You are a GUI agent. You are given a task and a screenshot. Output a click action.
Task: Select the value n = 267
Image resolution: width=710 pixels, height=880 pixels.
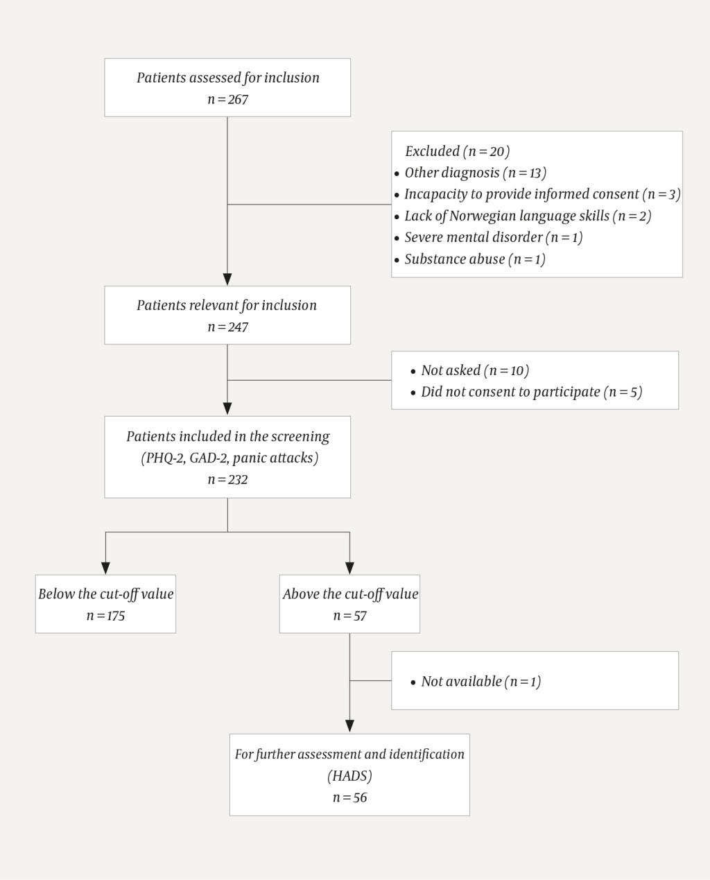pos(227,99)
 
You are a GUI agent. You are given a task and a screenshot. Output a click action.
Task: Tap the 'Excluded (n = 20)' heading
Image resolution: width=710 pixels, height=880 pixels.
pos(457,151)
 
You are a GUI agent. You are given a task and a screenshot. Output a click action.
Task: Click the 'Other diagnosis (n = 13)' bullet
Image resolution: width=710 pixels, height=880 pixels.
pos(475,173)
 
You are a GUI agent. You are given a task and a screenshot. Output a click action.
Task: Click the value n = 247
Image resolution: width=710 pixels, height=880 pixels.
pos(227,327)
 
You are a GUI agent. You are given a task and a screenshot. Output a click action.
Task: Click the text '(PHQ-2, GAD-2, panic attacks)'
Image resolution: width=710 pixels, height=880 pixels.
pos(229,458)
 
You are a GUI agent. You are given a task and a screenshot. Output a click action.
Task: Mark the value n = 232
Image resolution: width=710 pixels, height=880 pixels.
pos(227,479)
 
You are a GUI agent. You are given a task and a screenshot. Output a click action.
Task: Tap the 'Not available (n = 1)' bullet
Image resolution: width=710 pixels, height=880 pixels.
pos(480,681)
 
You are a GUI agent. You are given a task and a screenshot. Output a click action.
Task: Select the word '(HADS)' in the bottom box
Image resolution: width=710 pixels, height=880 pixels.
pos(349,775)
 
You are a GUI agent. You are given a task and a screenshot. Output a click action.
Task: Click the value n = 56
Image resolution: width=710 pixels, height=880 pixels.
pos(349,797)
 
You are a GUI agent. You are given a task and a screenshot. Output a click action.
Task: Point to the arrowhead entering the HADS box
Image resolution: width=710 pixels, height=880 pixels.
pos(349,727)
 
